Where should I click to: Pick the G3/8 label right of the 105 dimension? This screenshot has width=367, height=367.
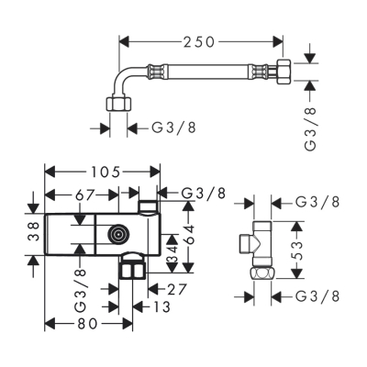click(204, 193)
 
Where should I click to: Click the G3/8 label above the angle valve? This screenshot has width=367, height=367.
click(318, 202)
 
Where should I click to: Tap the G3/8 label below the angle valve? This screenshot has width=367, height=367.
click(318, 296)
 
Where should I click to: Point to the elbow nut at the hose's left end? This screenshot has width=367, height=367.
click(117, 103)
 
